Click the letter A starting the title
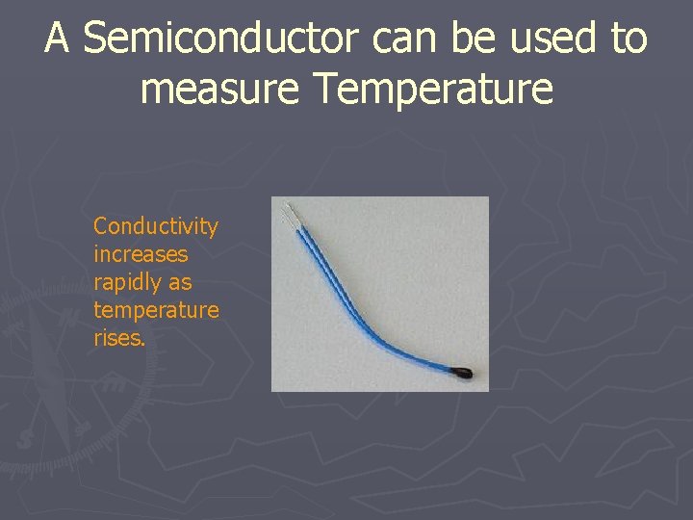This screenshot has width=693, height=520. point(58,39)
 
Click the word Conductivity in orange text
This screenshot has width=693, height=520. point(156,226)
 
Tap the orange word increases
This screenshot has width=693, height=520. point(141,254)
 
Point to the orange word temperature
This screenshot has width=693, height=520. point(156,310)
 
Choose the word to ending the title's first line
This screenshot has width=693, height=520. point(628,39)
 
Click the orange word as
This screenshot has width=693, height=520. point(180,283)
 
